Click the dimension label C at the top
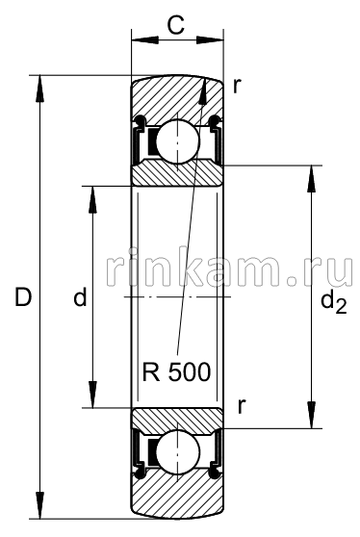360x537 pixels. pyautogui.click(x=175, y=25)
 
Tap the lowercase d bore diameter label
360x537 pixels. pyautogui.click(x=80, y=298)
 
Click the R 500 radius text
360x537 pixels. pyautogui.click(x=177, y=371)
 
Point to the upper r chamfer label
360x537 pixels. pyautogui.click(x=237, y=85)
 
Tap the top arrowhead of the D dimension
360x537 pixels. pyautogui.click(x=39, y=86)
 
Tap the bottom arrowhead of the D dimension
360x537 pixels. pyautogui.click(x=39, y=510)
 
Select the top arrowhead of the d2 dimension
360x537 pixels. pyautogui.click(x=311, y=176)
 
